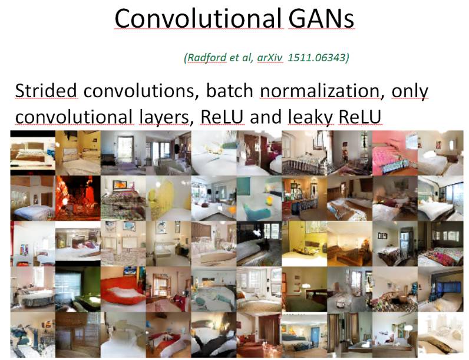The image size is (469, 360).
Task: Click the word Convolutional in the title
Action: point(198,19)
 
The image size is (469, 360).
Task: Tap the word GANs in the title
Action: point(321,19)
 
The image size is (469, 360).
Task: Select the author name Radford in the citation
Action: point(206,58)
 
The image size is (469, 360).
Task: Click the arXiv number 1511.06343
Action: point(318,58)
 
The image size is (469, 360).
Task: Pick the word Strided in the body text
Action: point(46,91)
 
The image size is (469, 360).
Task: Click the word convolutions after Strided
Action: point(138,91)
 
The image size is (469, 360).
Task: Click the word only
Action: point(409,91)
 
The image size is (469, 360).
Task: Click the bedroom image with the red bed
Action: point(123,288)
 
